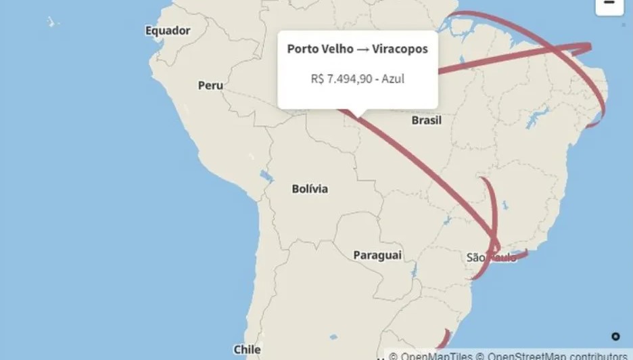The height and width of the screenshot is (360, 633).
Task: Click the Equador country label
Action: [168, 30]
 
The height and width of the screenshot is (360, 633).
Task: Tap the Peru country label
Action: [210, 85]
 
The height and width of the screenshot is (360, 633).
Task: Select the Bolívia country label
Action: [310, 189]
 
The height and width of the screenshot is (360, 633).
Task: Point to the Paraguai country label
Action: [377, 255]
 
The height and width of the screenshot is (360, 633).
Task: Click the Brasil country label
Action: [426, 120]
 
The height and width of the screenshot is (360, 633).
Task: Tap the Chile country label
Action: [246, 349]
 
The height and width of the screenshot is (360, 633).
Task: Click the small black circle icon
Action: [615, 336]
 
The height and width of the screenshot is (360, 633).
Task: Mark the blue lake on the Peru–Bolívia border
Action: [266, 178]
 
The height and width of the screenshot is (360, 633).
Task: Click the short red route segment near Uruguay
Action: [444, 338]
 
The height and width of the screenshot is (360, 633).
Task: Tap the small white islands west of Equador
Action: [53, 22]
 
